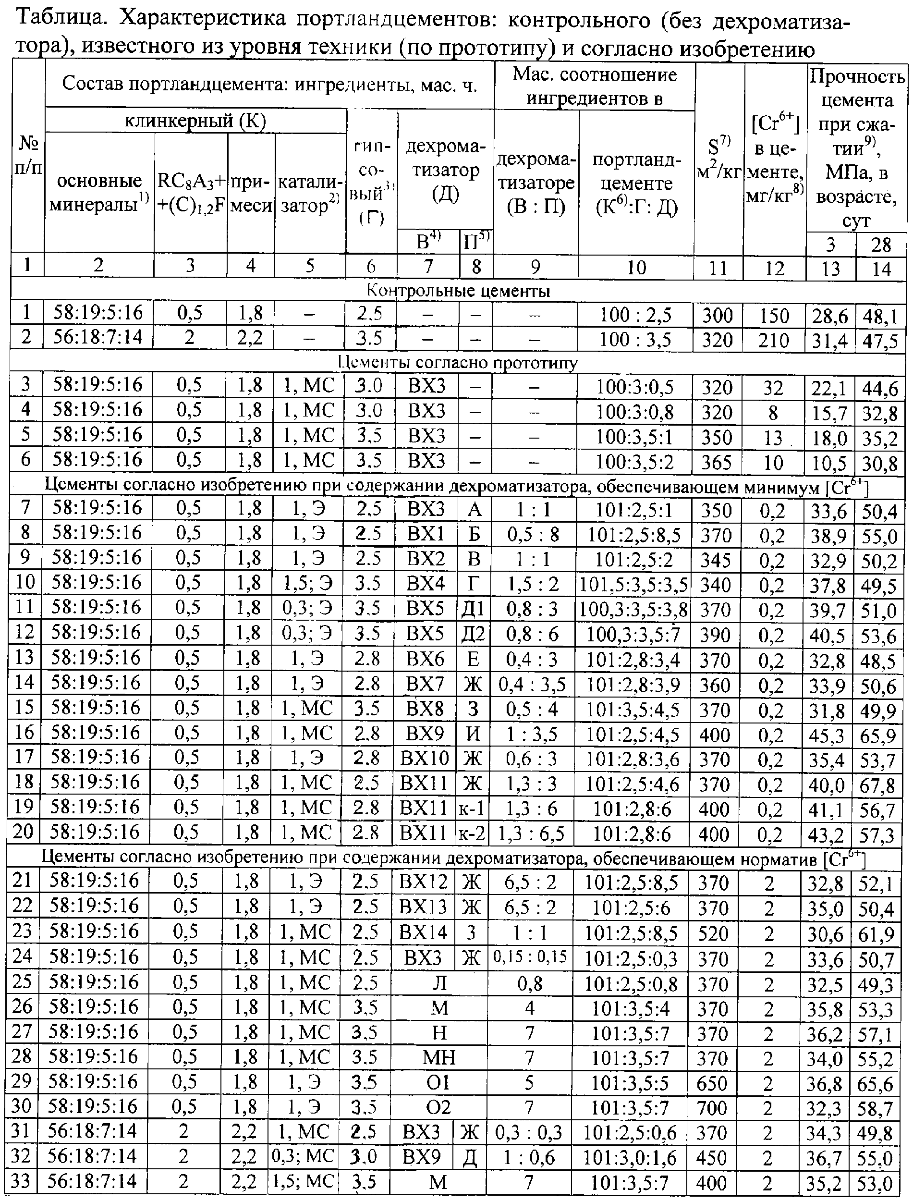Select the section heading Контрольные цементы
[458, 291]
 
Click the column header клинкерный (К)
[195, 121]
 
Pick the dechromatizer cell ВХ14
[423, 932]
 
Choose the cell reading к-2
[471, 833]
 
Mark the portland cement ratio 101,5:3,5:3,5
[633, 585]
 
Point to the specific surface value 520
[712, 933]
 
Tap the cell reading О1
[438, 1082]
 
